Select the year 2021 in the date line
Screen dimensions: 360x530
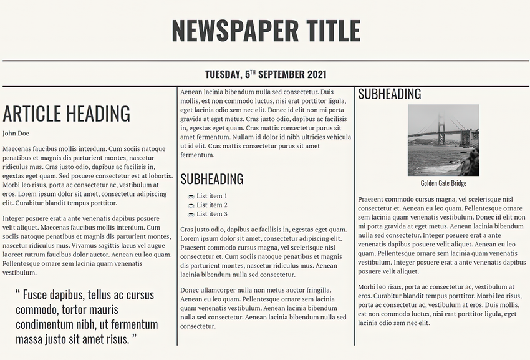pyautogui.click(x=315, y=74)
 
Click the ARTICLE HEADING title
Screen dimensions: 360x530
pyautogui.click(x=66, y=114)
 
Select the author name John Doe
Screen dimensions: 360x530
pyautogui.click(x=16, y=134)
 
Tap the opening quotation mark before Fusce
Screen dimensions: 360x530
pyautogui.click(x=17, y=293)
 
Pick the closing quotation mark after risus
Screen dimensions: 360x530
pyautogui.click(x=133, y=338)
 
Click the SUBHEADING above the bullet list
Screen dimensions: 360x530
pyautogui.click(x=211, y=180)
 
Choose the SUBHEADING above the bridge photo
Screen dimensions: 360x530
pyautogui.click(x=389, y=94)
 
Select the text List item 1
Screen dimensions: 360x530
pyautogui.click(x=212, y=196)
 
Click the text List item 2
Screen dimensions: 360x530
pyautogui.click(x=212, y=205)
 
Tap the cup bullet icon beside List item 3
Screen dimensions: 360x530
pyautogui.click(x=191, y=215)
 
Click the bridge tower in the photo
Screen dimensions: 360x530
pyautogui.click(x=441, y=131)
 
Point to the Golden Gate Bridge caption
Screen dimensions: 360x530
pyautogui.click(x=443, y=183)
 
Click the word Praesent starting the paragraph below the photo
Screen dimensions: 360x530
pyautogui.click(x=372, y=200)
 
